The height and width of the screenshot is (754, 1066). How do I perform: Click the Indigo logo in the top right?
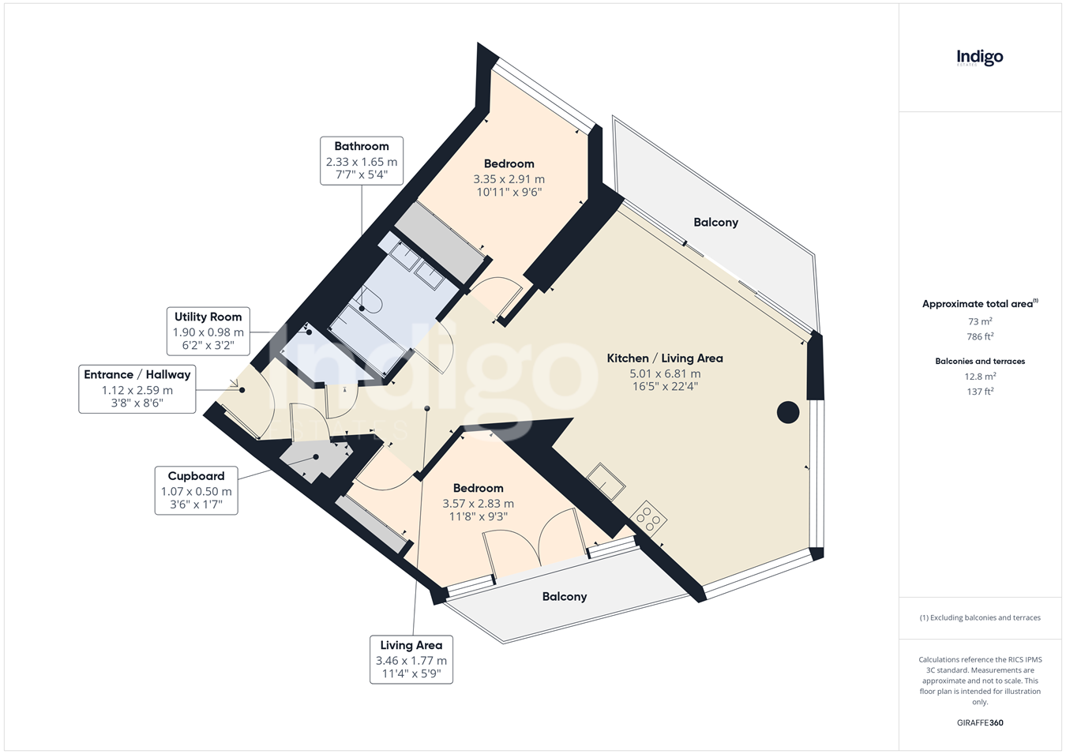(979, 58)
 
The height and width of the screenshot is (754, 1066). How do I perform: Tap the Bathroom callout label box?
(362, 161)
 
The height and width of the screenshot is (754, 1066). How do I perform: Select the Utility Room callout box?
(208, 331)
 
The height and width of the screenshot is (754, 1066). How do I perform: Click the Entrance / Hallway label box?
(137, 389)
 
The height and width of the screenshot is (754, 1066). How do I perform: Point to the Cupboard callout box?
(196, 490)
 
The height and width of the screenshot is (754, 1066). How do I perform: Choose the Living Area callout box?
(411, 660)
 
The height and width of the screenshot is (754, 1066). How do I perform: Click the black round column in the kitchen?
(788, 412)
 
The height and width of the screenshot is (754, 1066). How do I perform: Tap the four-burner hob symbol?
(648, 518)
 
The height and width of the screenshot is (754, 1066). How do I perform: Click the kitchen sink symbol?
(606, 482)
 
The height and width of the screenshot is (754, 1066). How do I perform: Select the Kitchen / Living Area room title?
(665, 358)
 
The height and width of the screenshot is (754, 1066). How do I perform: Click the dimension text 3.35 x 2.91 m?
(509, 179)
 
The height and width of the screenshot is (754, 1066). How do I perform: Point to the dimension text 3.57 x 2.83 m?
(478, 503)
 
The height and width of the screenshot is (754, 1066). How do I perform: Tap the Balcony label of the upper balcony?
(715, 222)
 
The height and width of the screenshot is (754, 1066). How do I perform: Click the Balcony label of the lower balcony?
(565, 597)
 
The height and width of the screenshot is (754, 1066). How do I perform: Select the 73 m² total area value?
(980, 321)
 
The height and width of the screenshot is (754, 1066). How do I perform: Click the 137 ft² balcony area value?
(980, 391)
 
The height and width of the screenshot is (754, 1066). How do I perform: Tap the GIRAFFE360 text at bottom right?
(980, 723)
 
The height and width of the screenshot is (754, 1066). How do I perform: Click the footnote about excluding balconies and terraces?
(980, 617)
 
